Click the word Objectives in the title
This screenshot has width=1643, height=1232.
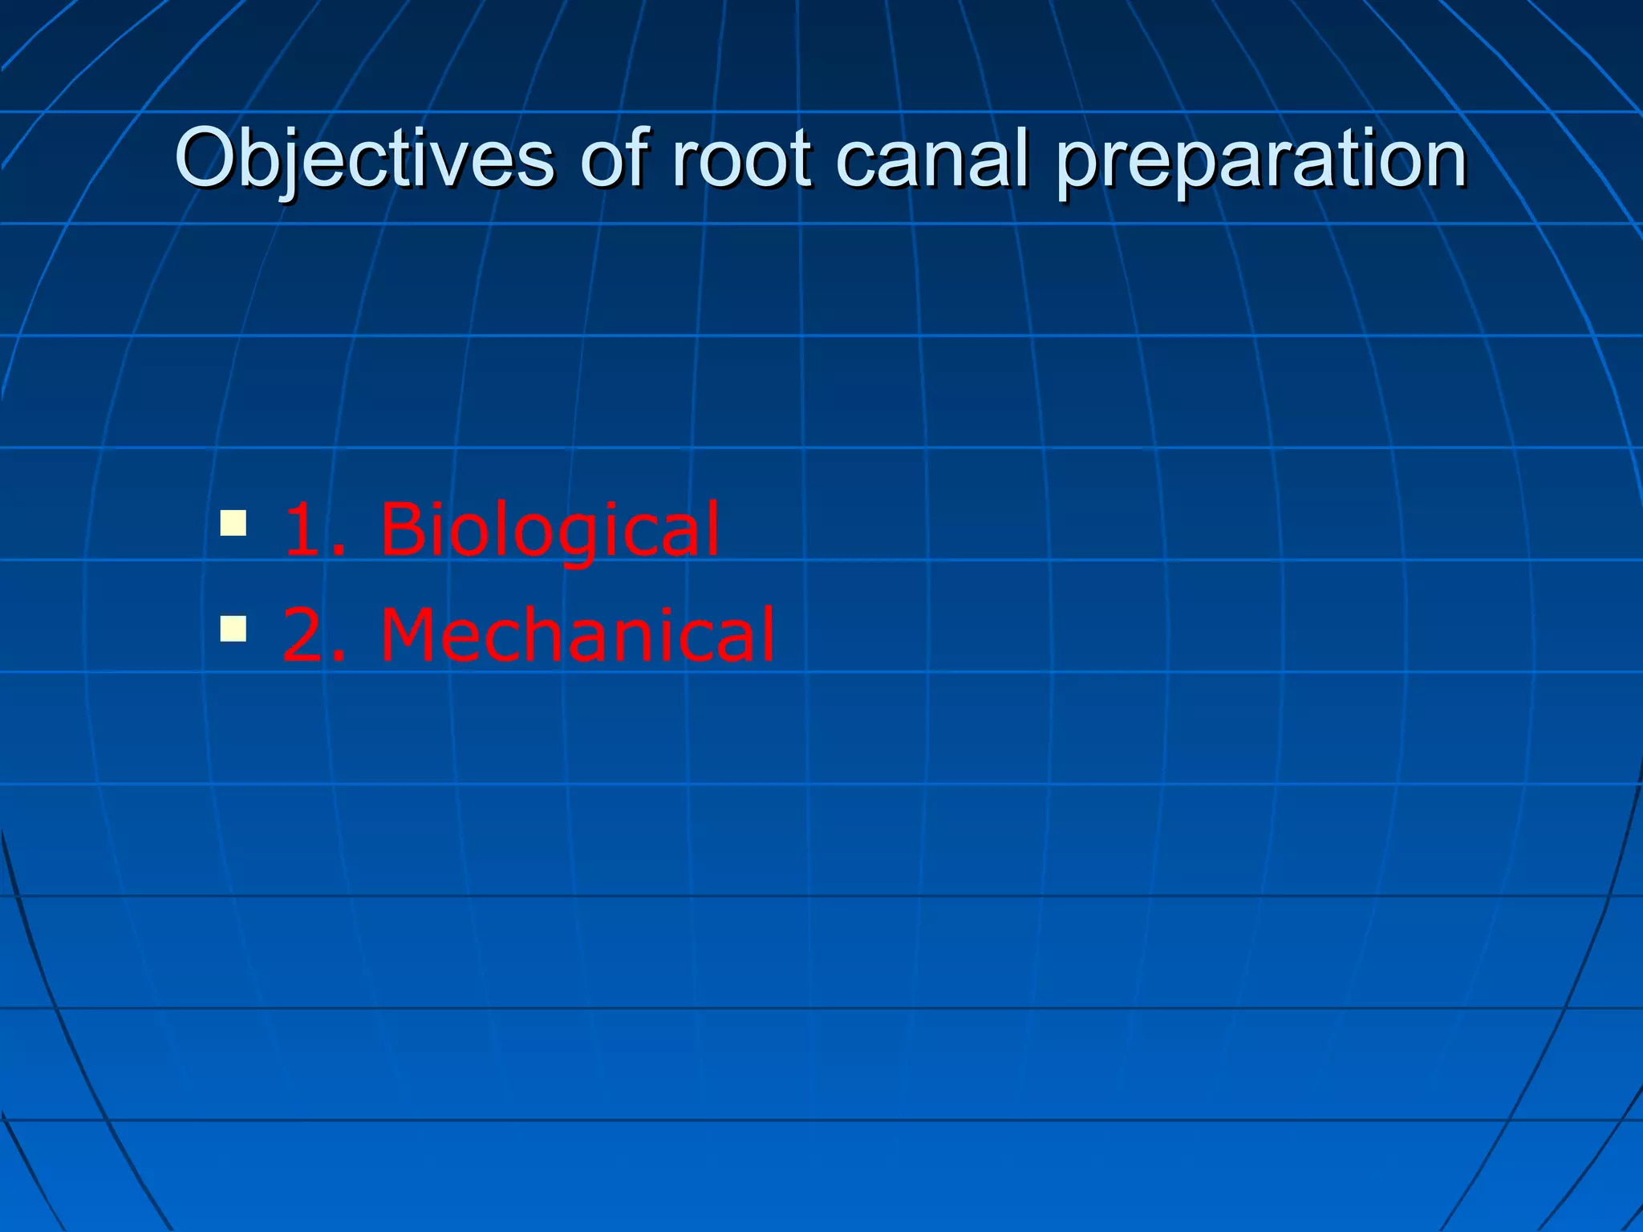point(364,158)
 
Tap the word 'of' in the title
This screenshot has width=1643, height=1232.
point(614,158)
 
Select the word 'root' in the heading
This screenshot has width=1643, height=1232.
point(741,158)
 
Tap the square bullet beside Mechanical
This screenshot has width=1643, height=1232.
point(233,629)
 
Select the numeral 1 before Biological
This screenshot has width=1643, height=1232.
point(303,529)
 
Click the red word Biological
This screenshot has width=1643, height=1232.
point(550,529)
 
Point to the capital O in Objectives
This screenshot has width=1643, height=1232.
point(208,158)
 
